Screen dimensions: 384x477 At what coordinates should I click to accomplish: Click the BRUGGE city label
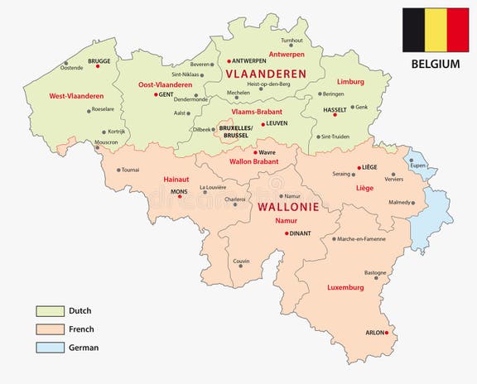click(99, 60)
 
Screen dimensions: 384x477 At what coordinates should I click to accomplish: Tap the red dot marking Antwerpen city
click(229, 60)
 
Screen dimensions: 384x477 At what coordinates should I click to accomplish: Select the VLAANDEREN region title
click(265, 74)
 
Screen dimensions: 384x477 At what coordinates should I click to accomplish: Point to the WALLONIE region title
click(290, 205)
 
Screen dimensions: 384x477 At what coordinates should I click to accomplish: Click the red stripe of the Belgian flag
click(458, 30)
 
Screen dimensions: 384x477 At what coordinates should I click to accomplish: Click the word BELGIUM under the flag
click(435, 63)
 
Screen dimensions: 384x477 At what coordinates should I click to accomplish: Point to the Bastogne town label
click(375, 271)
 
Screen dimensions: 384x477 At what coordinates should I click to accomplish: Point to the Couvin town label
click(241, 261)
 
